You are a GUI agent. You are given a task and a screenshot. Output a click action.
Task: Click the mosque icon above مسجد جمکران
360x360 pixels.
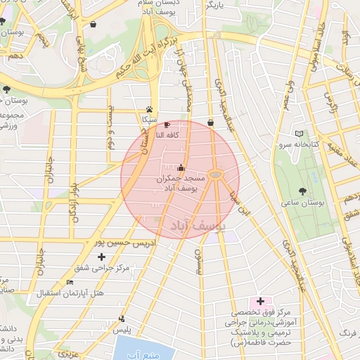click(181, 168)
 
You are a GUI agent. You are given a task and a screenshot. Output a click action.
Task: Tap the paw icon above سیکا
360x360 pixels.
click(150, 109)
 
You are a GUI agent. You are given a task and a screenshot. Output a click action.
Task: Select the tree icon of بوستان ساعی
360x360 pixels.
click(302, 190)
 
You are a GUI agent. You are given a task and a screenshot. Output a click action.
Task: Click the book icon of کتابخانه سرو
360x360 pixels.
click(300, 134)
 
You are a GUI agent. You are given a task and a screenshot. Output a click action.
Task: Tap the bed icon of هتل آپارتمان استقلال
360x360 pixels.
click(69, 283)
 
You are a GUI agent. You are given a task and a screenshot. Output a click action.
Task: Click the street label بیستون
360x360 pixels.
click(198, 262)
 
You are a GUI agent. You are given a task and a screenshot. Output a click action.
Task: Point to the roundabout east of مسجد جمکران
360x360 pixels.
click(217, 173)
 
